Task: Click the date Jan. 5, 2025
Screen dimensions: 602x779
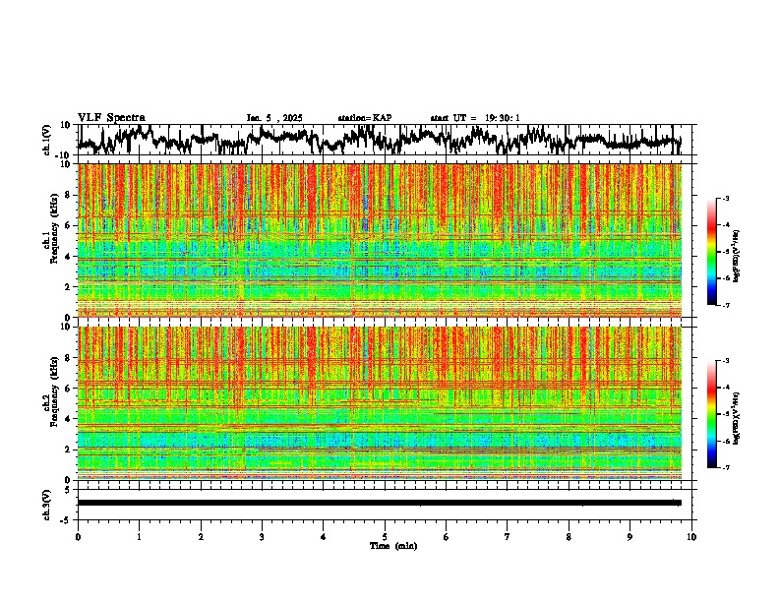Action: tap(274, 118)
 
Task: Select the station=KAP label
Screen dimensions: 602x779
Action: tap(364, 118)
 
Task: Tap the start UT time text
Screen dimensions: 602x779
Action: tap(474, 118)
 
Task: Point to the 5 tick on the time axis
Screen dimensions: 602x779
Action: tap(385, 536)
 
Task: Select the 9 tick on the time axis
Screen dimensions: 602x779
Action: tap(630, 536)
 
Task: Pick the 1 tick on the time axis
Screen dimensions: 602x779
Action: tap(139, 536)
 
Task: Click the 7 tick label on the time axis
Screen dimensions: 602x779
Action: tap(508, 536)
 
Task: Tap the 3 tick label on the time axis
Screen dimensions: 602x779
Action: tap(262, 536)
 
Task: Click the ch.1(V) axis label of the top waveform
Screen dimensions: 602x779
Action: tap(46, 140)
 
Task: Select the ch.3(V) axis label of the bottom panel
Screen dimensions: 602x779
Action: tap(46, 503)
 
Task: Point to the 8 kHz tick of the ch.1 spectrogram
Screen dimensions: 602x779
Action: tap(67, 195)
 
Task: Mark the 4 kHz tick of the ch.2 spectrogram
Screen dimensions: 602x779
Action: tap(67, 419)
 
